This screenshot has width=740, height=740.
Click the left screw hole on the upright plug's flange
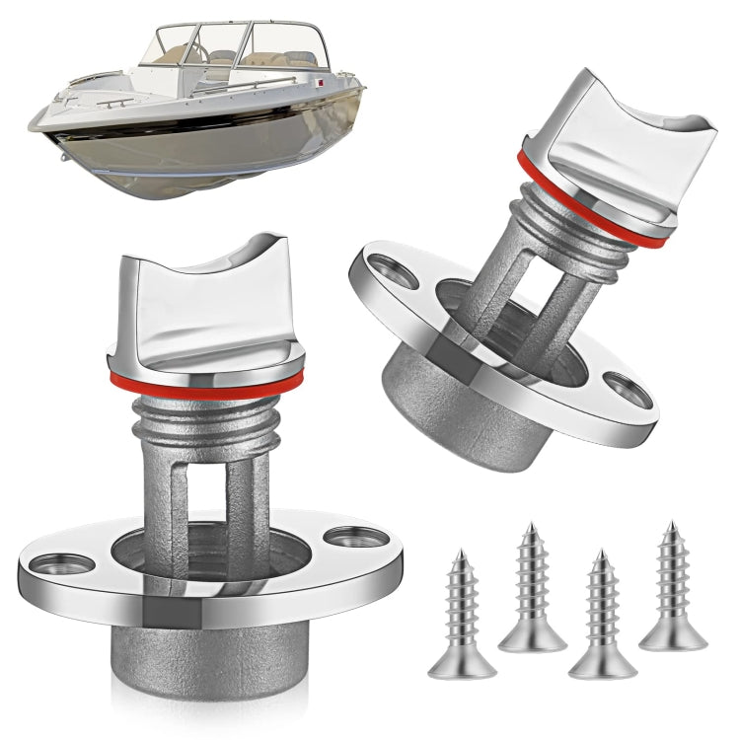click(59, 565)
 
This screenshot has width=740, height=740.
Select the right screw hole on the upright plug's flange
click(352, 538)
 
